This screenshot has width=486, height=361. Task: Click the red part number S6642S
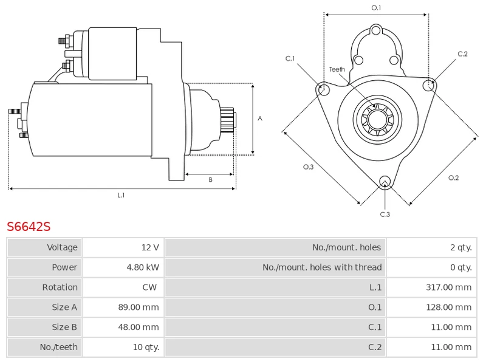29,227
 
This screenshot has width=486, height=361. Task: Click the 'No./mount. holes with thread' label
322,267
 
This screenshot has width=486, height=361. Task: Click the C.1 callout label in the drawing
290,58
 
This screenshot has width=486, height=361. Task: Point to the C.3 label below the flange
385,214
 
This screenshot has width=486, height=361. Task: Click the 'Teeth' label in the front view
337,69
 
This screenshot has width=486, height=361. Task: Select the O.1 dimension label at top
376,7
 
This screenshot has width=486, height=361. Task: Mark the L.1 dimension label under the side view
121,195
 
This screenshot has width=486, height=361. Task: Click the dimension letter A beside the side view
260,119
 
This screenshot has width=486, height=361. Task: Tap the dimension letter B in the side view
210,179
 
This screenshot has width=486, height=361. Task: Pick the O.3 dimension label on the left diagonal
308,167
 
